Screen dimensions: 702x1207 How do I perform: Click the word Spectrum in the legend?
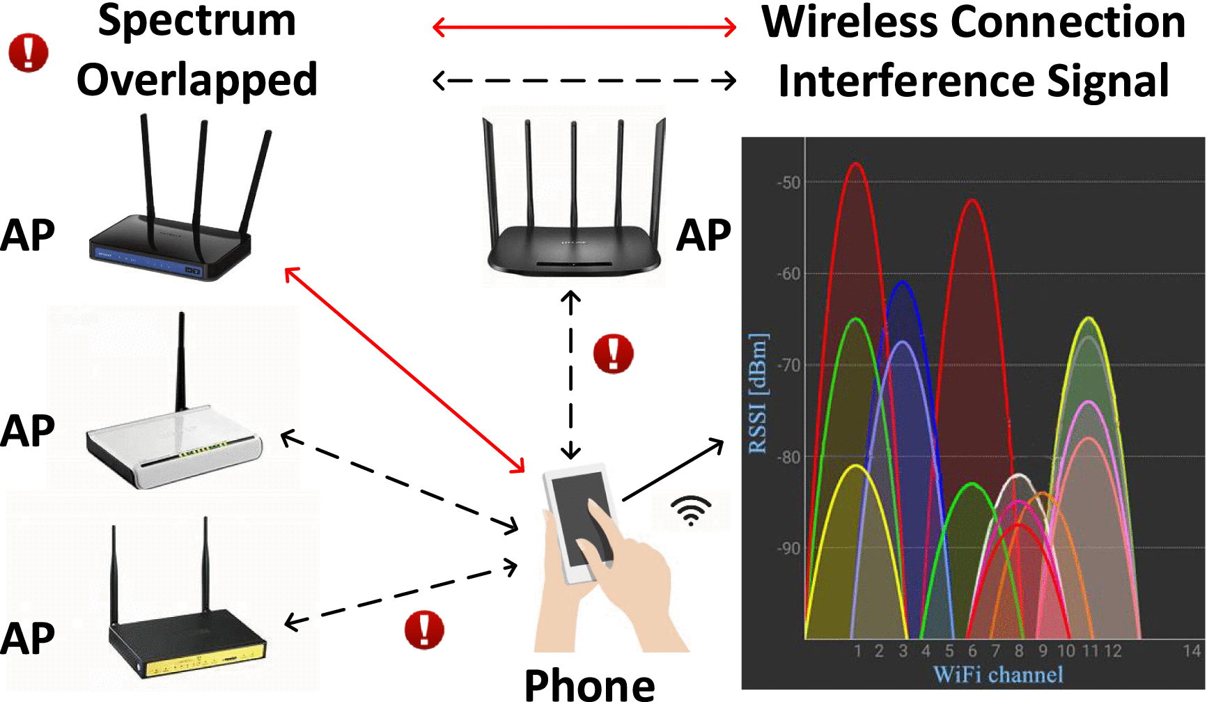tap(197, 21)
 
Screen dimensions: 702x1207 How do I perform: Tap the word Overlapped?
tap(197, 79)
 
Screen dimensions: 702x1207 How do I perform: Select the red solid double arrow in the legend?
tap(584, 28)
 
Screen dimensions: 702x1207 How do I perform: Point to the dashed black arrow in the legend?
tap(584, 80)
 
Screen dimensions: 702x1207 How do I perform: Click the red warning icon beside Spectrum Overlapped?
tap(29, 53)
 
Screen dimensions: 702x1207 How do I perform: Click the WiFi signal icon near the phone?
tap(690, 510)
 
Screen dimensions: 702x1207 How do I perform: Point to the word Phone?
tap(589, 685)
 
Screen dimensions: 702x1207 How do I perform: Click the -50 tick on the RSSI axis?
tap(789, 182)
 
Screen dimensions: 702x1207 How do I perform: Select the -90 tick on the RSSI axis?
tap(789, 549)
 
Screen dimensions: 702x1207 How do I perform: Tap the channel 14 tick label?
tap(1192, 651)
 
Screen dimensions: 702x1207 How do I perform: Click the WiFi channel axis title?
tap(998, 675)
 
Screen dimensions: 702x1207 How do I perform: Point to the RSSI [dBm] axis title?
tap(758, 393)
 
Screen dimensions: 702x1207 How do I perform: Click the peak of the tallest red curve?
tap(856, 164)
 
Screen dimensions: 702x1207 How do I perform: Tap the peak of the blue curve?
tap(903, 282)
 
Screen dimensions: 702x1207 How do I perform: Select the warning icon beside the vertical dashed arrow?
tap(613, 353)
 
